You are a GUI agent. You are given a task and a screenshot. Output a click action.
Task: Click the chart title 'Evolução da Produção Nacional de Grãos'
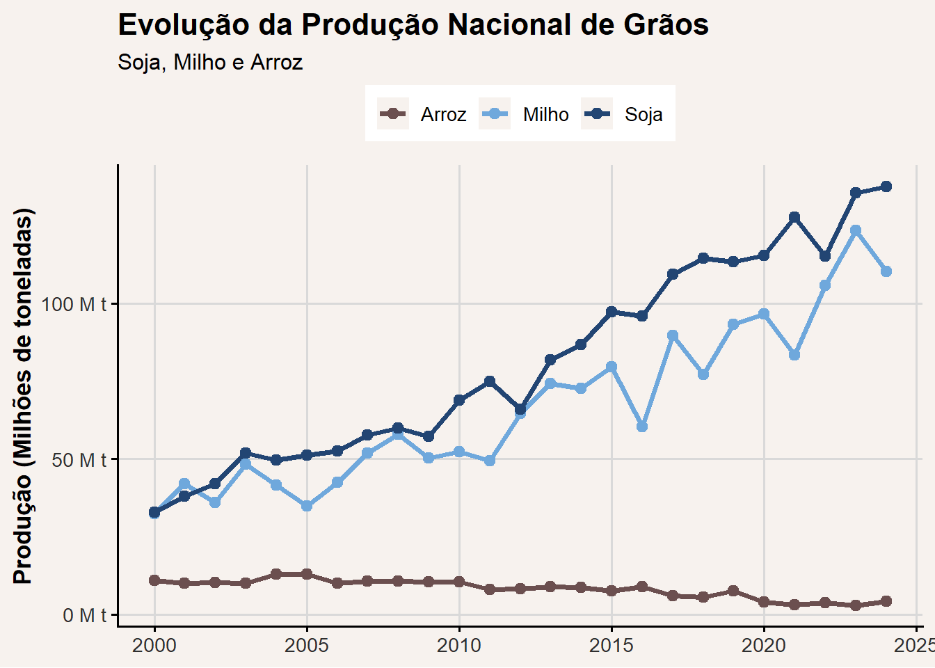tap(413, 25)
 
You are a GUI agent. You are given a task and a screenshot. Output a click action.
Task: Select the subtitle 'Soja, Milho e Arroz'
tap(210, 63)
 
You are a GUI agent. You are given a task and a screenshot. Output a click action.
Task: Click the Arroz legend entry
tap(422, 113)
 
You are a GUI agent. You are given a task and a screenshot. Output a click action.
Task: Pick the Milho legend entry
tap(524, 113)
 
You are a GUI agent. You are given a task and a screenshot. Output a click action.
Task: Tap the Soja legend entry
tap(622, 113)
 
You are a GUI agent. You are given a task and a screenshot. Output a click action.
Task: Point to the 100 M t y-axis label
tap(74, 304)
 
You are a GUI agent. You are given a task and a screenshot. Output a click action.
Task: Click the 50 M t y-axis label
tap(79, 460)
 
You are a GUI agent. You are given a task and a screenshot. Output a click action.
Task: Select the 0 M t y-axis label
tap(85, 615)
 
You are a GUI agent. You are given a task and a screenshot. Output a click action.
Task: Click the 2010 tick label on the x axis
tap(459, 646)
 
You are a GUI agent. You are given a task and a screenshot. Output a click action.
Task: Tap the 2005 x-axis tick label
tap(307, 646)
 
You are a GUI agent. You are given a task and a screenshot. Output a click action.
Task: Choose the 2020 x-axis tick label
tap(764, 646)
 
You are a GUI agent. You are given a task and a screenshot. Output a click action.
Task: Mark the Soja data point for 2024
tap(886, 186)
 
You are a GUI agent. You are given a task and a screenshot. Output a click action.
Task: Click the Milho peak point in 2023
tap(856, 230)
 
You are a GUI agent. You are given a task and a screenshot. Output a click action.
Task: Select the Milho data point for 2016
tap(642, 427)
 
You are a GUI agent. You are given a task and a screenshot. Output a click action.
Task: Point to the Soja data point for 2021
tap(794, 217)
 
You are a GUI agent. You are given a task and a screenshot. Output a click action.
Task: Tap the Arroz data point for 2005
tap(307, 574)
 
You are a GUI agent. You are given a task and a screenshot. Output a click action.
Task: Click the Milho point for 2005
tap(307, 506)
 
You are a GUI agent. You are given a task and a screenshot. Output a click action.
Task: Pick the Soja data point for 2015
tap(612, 312)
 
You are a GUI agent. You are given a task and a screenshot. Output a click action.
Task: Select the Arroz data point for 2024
tap(886, 601)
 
